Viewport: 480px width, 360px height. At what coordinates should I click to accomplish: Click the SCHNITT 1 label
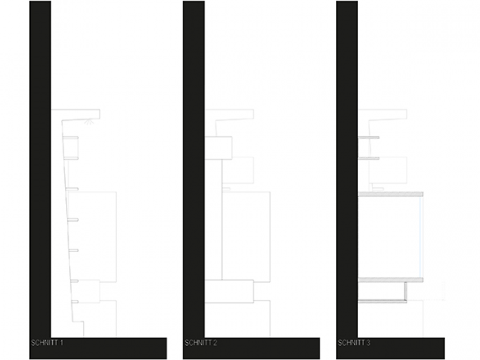click(x=47, y=343)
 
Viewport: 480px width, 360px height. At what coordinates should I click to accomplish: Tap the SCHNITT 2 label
click(x=201, y=343)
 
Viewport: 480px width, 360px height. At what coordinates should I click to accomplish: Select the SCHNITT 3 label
click(x=354, y=343)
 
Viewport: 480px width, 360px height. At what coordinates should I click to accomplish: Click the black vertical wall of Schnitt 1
click(x=40, y=169)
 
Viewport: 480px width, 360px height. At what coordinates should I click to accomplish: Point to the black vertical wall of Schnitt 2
click(x=194, y=169)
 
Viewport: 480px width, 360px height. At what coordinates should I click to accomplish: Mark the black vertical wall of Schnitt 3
click(x=347, y=169)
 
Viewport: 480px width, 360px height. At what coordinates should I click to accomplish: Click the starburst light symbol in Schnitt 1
click(x=88, y=122)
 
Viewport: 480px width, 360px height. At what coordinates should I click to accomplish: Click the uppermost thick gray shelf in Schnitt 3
click(x=391, y=194)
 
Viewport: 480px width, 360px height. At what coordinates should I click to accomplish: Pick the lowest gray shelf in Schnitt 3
click(x=383, y=301)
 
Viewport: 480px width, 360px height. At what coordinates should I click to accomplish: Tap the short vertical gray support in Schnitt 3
click(x=406, y=291)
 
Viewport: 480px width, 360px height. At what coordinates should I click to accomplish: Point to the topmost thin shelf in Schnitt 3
click(x=369, y=138)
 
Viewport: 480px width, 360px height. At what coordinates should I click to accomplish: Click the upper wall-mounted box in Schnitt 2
click(x=218, y=148)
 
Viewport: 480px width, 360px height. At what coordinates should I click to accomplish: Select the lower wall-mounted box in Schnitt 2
click(x=229, y=291)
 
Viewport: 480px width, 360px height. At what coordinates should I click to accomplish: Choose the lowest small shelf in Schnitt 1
click(x=75, y=302)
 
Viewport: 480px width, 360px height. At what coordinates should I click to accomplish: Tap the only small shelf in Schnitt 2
click(x=226, y=189)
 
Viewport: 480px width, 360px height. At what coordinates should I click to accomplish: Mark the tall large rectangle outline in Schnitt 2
click(x=246, y=237)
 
